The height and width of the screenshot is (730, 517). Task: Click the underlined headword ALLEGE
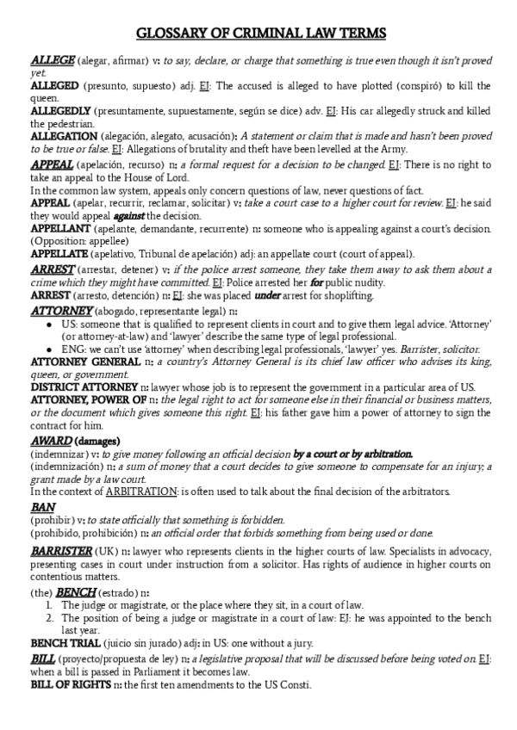[x=53, y=61]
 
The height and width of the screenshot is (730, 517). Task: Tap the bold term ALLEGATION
[x=63, y=136]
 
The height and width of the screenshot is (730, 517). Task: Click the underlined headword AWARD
[x=51, y=441]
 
